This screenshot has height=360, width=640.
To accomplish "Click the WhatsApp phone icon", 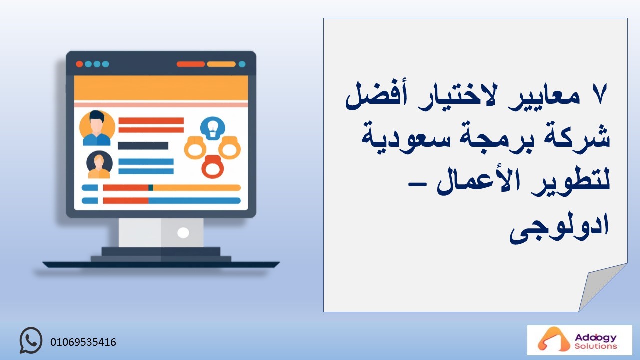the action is point(31,340).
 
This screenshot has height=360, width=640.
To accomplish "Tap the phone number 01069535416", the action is point(83,342).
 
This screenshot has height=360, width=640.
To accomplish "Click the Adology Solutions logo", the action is point(579,340).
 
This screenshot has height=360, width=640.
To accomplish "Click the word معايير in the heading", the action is point(544,98).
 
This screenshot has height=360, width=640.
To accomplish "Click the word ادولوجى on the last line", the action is point(559,227).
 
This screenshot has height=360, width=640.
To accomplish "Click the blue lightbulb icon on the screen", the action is point(213,128).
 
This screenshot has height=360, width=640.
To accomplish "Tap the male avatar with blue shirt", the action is point(97,128).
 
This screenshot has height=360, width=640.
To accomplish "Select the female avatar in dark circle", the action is point(99,165).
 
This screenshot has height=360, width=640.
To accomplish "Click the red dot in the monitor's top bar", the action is point(79,64).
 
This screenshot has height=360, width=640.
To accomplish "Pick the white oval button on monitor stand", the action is point(183,233).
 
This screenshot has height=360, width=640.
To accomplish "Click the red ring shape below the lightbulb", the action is point(212,167).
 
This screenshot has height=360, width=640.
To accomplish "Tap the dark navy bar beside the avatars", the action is point(143,146).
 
